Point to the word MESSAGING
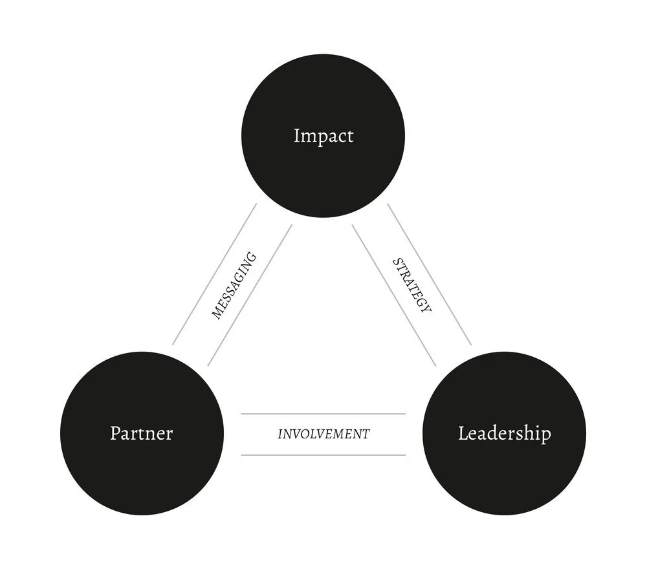coord(234,285)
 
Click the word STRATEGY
coord(411,285)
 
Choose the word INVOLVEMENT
coord(323,434)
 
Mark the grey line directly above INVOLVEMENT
coord(323,414)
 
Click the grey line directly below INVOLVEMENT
coord(323,455)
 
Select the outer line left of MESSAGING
coord(214,274)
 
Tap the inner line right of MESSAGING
coord(250,295)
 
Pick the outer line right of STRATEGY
coord(430,274)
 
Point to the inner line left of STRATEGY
coord(394,295)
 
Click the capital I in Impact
coord(296,136)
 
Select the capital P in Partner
coord(115,433)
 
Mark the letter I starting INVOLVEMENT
coord(280,434)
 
